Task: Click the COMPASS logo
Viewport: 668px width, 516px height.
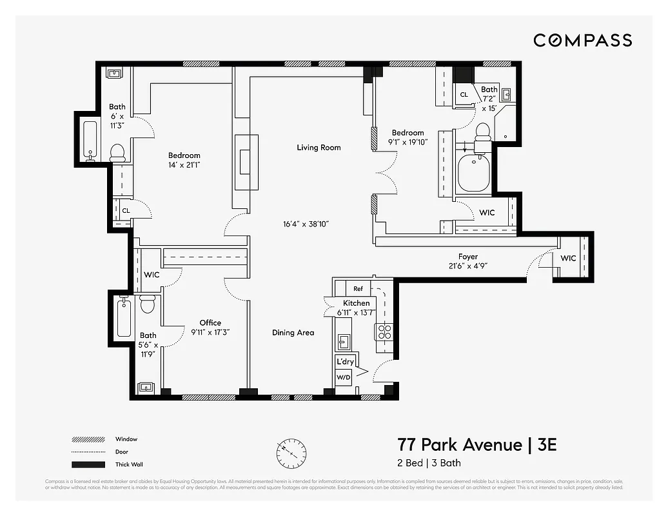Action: tap(582, 41)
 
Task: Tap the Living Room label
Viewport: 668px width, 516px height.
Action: tap(319, 148)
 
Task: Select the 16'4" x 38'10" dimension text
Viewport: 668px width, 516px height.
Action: tap(306, 224)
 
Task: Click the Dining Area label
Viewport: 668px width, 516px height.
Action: tap(293, 333)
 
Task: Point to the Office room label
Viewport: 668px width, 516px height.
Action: tap(210, 322)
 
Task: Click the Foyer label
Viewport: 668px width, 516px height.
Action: tap(468, 257)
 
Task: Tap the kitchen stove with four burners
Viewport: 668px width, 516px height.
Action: tap(384, 332)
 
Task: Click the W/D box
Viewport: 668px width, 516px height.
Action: tap(342, 377)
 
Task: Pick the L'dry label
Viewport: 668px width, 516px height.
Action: tap(344, 362)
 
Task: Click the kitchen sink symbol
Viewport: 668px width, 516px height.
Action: tap(344, 342)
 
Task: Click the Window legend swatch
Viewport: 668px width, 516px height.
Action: tap(88, 440)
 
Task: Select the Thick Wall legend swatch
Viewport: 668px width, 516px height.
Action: tap(88, 464)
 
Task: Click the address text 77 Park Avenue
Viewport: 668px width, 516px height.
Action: tap(458, 445)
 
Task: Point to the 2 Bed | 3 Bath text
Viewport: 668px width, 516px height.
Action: tap(428, 463)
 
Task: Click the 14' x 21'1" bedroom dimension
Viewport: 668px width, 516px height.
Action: tap(184, 164)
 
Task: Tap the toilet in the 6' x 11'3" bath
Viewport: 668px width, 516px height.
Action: tap(117, 153)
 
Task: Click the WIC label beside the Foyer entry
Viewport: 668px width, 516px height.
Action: tap(568, 259)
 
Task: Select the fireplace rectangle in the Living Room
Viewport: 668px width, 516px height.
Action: tap(246, 162)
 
